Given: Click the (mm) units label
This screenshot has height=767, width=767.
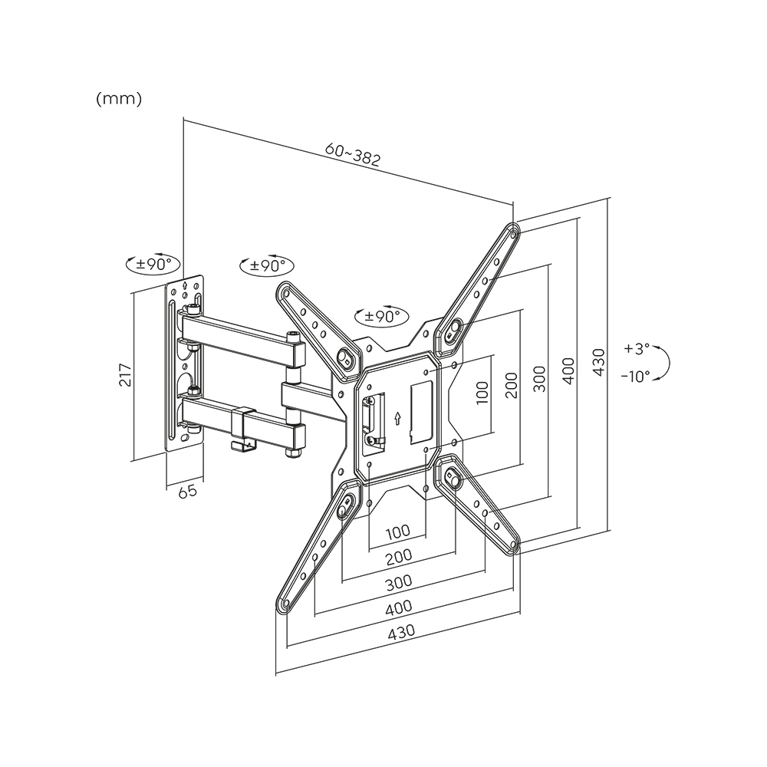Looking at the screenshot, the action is pos(119,99).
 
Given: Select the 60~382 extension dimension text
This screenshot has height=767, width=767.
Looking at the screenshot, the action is pos(353,155).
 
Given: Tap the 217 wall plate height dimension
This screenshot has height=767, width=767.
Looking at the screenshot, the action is pos(126,375).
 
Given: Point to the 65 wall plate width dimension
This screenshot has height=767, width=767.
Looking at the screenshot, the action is pos(187,491).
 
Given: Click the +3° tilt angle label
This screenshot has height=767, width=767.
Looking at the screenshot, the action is pos(637,349).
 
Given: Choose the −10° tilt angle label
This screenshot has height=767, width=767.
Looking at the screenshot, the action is pos(635,376).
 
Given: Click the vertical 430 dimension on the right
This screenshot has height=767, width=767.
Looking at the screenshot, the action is pos(599,363).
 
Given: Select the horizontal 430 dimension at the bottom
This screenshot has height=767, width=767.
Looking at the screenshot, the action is pos(401,631).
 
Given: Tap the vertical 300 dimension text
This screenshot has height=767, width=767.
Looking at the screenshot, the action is pos(539,378).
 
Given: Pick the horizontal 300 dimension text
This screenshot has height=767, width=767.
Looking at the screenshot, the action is pos(399,582).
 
